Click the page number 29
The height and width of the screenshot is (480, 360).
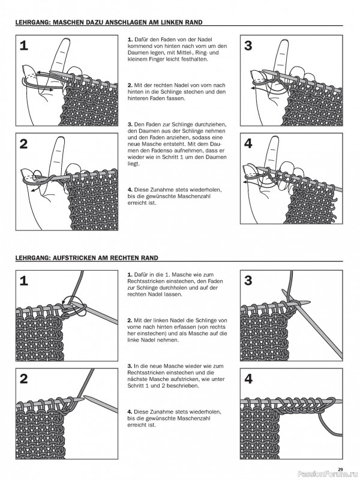click(340, 469)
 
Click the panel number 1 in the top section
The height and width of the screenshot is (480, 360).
click(23, 46)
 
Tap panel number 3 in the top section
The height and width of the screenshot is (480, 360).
click(249, 46)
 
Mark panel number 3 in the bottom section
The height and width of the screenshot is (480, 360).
click(249, 280)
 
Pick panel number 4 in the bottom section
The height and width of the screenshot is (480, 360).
click(249, 379)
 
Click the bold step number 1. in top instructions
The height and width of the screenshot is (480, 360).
click(130, 38)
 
